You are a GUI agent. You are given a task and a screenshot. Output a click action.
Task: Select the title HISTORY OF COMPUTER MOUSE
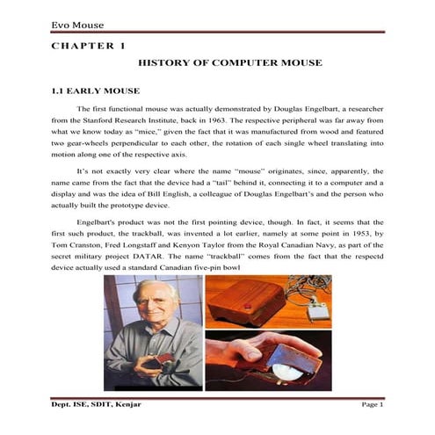point(230,63)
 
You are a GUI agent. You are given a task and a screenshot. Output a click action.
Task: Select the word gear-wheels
point(82,140)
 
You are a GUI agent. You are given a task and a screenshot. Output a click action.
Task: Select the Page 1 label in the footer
point(373,404)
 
